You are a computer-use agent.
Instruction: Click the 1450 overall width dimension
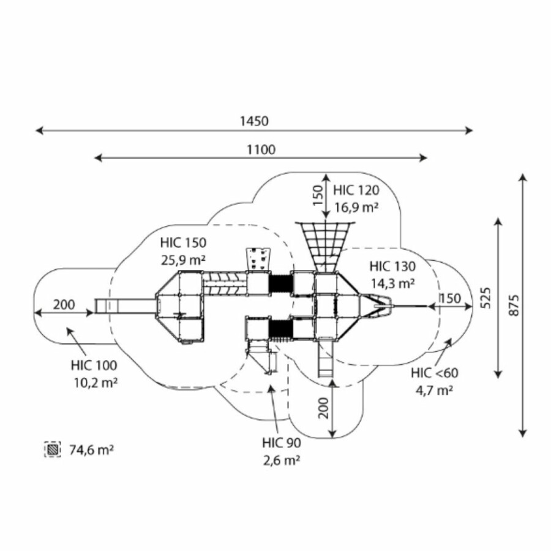pos(254,121)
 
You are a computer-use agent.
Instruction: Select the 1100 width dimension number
pos(261,149)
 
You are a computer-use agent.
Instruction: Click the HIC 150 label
pos(184,243)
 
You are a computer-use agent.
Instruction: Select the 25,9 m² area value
pos(184,260)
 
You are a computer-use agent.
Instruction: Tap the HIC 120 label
pos(356,190)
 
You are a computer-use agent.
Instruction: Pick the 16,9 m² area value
pos(356,208)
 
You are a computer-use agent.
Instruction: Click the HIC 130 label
pos(392,266)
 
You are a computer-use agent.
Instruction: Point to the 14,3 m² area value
pos(393,283)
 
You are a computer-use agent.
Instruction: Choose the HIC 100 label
pos(94,366)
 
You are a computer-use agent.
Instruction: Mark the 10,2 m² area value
pos(94,383)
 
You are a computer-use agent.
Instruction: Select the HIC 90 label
pos(281,443)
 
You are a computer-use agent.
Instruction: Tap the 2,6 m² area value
pos(282,460)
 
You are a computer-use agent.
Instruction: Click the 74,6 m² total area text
pos(92,450)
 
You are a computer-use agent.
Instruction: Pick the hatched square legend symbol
pos(53,450)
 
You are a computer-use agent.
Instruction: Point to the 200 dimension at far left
pos(64,304)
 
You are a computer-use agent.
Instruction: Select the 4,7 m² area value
pos(435,391)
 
